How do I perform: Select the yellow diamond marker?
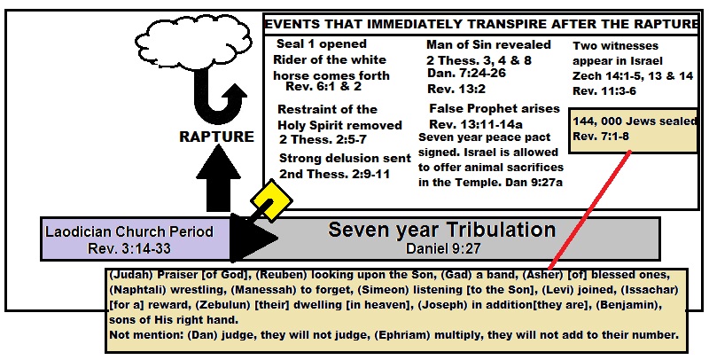[267, 200]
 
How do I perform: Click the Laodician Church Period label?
[129, 231]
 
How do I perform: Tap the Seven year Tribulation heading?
[441, 230]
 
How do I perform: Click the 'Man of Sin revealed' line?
[488, 44]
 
